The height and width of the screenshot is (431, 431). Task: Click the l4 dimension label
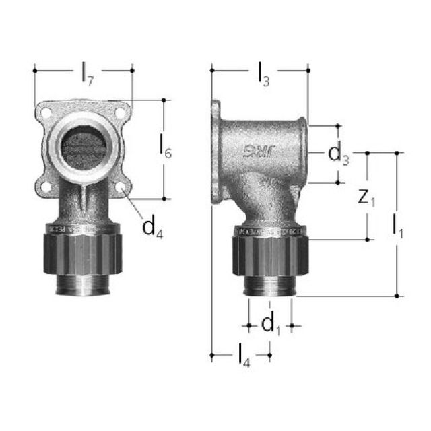(x=242, y=354)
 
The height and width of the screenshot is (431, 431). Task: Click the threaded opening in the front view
(x=84, y=144)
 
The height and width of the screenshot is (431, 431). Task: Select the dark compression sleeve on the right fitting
(x=270, y=252)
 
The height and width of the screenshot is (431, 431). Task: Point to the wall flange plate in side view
(x=216, y=152)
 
